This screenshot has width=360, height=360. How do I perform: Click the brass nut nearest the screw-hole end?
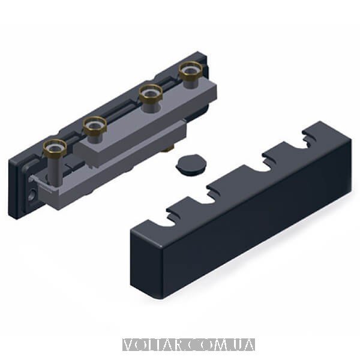pos(55,146)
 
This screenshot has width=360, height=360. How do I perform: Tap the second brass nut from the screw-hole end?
pos(95,125)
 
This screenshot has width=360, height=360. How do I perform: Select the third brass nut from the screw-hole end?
pos(151,94)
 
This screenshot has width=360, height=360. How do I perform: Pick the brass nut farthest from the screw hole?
pos(191,70)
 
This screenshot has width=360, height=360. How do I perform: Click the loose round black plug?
pos(191,164)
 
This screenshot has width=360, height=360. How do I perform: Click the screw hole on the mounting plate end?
pos(32,193)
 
